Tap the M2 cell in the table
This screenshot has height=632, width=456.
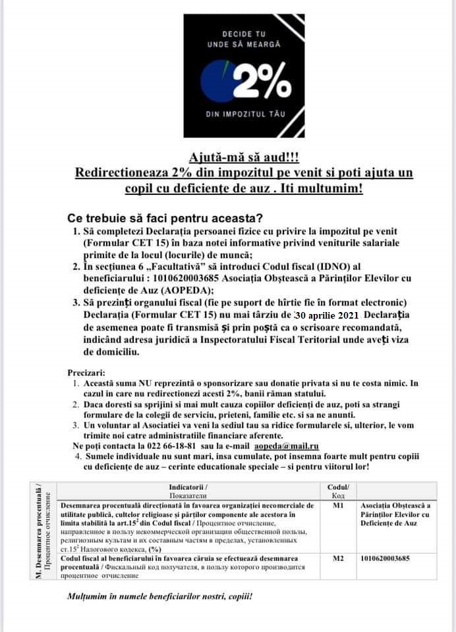[x=338, y=558]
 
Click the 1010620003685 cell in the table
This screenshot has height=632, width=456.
[x=385, y=558]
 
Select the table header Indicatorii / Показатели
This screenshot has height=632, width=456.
[x=188, y=490]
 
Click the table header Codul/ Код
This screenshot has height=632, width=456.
[x=338, y=490]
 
